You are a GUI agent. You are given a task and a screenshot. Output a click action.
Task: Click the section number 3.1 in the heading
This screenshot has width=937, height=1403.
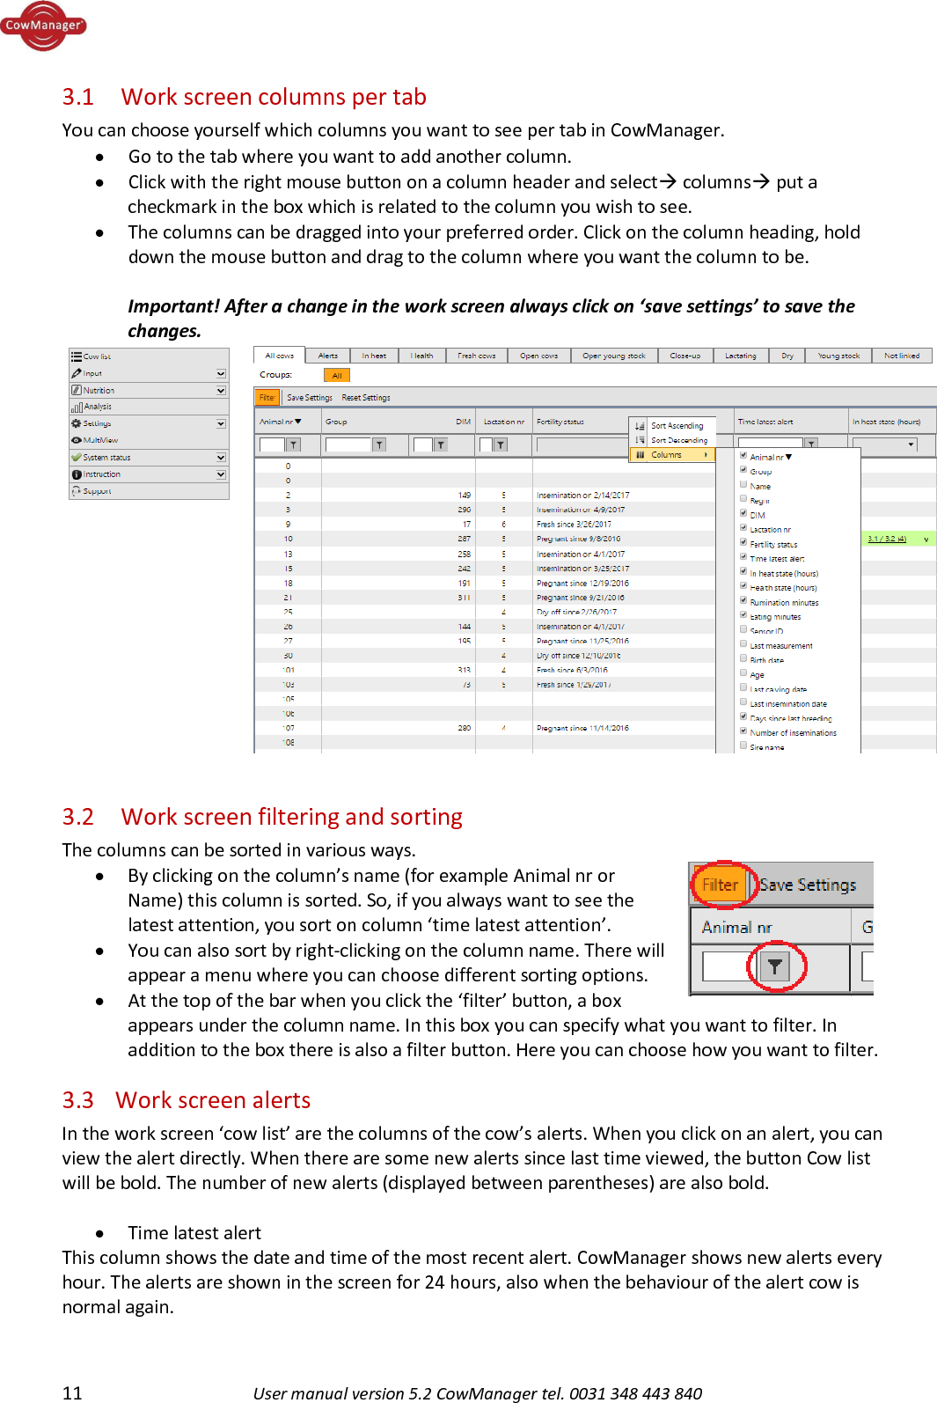(x=77, y=97)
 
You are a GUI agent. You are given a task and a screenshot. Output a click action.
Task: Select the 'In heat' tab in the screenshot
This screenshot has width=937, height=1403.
(x=373, y=356)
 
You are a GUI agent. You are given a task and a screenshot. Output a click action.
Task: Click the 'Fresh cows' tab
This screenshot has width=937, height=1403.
(x=476, y=356)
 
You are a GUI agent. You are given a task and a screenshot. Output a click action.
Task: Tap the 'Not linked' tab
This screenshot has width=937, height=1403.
(x=901, y=356)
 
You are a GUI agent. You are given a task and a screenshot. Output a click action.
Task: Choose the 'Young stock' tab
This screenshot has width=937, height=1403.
(x=838, y=356)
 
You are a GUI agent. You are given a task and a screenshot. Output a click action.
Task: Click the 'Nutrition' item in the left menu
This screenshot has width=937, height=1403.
(x=99, y=390)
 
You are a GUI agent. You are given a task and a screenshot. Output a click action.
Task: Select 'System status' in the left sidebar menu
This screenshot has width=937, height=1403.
(x=106, y=458)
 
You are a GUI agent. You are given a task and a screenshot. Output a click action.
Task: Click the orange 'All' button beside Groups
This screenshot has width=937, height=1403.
(x=336, y=375)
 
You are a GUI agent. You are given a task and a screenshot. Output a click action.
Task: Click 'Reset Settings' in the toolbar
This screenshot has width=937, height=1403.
(x=365, y=398)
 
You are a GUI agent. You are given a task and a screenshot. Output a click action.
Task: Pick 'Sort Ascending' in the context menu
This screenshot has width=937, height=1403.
(x=677, y=426)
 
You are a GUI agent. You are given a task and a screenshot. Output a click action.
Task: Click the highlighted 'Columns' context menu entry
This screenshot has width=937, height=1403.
(x=666, y=455)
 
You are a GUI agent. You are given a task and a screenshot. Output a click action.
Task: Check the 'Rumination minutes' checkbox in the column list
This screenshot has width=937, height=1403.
(x=743, y=600)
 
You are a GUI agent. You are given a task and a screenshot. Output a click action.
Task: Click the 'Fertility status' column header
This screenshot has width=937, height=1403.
(x=560, y=422)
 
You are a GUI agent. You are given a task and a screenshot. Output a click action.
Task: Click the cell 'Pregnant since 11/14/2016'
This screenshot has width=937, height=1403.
(x=582, y=728)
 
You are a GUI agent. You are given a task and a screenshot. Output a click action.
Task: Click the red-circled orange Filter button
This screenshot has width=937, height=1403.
(x=720, y=885)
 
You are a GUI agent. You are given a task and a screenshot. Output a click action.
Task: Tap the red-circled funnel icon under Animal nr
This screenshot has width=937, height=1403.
(x=774, y=966)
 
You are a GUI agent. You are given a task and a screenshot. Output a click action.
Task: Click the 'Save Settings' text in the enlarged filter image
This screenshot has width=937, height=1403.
(x=807, y=885)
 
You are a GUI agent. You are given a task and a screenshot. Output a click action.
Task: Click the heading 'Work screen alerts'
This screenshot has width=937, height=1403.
(x=213, y=1100)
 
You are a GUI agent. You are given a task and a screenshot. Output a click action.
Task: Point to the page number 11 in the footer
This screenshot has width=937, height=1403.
(x=72, y=1392)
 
